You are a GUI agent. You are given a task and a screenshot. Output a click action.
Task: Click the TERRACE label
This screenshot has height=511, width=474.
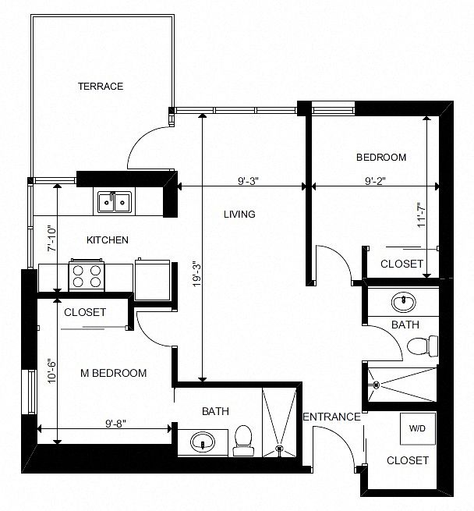tap(101, 87)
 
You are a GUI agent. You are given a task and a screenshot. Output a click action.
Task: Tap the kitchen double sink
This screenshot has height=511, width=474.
tap(115, 202)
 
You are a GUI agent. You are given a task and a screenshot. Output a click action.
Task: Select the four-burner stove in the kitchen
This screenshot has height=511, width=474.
tap(87, 275)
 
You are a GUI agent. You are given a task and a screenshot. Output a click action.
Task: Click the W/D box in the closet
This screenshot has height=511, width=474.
tap(418, 428)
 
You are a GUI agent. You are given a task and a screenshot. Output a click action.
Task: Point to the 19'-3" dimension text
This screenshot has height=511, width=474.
tap(196, 274)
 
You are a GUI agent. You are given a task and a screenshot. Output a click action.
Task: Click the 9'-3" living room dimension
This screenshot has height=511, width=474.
tap(248, 180)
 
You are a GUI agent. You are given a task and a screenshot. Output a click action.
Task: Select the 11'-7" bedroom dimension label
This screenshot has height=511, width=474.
tap(422, 215)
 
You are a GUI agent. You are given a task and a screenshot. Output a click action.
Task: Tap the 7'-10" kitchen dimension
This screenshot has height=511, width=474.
tap(52, 239)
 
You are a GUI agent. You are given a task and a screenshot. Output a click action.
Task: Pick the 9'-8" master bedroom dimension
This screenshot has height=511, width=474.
tap(115, 424)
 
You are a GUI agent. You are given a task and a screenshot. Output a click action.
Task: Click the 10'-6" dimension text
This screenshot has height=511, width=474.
tap(52, 371)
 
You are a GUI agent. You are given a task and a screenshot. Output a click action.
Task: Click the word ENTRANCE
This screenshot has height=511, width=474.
tap(332, 417)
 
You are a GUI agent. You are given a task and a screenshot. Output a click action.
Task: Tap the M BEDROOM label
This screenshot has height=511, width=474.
tap(113, 373)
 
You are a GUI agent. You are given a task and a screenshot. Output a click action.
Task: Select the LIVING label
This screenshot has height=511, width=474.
tap(239, 214)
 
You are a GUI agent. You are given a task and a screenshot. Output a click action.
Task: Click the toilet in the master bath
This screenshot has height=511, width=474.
tap(243, 441)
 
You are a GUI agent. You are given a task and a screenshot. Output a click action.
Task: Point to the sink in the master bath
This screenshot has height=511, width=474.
tap(203, 441)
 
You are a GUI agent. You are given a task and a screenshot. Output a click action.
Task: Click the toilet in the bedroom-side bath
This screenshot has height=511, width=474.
tap(423, 346)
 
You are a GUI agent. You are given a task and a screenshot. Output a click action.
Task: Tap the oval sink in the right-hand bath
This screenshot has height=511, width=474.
tap(403, 302)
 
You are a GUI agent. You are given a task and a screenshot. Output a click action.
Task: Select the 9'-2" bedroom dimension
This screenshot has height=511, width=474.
tap(375, 180)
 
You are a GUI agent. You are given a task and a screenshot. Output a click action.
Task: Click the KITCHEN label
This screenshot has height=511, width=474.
tap(108, 240)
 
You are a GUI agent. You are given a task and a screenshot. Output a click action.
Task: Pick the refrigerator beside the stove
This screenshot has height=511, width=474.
tap(152, 279)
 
